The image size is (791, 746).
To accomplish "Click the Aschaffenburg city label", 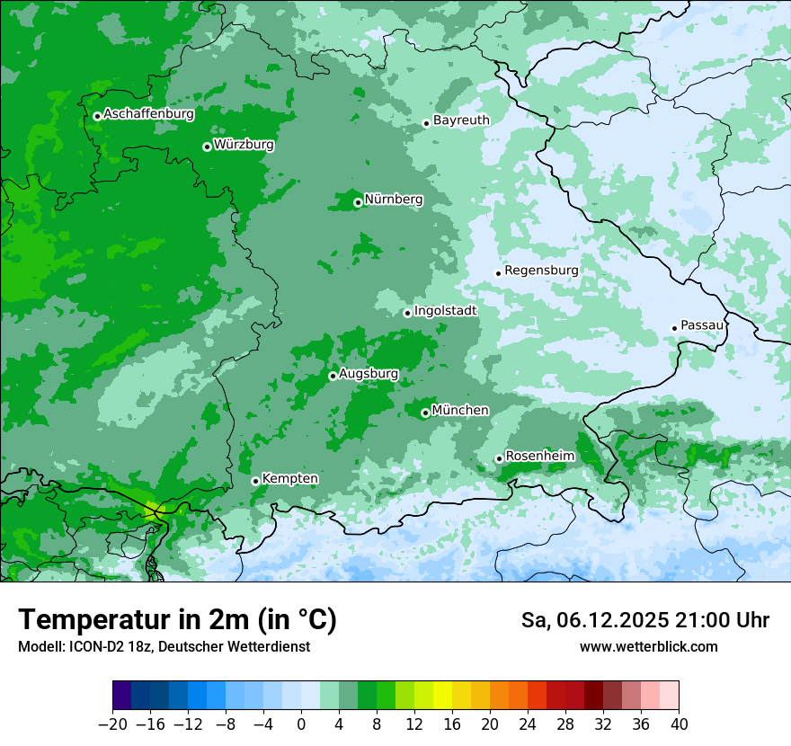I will pos(148,114).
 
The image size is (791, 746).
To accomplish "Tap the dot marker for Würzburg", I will pos(207,147).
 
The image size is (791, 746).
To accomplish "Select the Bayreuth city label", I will pos(461,120).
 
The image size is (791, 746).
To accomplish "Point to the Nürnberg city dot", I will pos(358,202).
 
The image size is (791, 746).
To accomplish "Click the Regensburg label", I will pos(541,271).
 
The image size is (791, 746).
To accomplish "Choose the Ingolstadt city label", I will pos(445,311).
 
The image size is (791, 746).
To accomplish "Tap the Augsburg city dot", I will pos(333,376).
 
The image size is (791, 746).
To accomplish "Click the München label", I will pos(460,411).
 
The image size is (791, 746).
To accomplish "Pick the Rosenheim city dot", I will pos(499,458).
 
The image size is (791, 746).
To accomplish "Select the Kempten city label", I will pos(289,479).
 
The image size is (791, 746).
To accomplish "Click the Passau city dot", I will pos(674,328).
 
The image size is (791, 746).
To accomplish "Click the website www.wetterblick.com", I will pos(648,646).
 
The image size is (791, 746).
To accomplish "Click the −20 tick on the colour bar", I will pos(112,724).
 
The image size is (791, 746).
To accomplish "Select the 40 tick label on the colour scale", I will pos(679,724).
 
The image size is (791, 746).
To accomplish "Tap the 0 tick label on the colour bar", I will pos(301,724).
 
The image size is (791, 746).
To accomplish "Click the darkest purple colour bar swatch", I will pos(121,696).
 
